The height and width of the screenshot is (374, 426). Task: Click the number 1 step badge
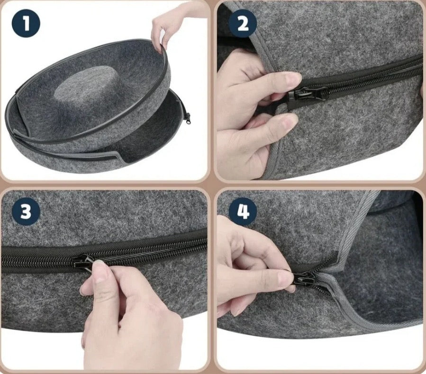pyautogui.click(x=25, y=23)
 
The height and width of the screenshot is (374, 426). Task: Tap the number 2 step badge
pyautogui.click(x=243, y=23)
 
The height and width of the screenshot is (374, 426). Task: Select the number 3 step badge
pyautogui.click(x=25, y=213)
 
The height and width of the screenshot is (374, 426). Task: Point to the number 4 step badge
pyautogui.click(x=243, y=213)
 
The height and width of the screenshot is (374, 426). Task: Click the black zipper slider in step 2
pyautogui.click(x=308, y=93)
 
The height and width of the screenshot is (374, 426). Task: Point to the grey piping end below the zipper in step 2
pyautogui.click(x=280, y=111)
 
